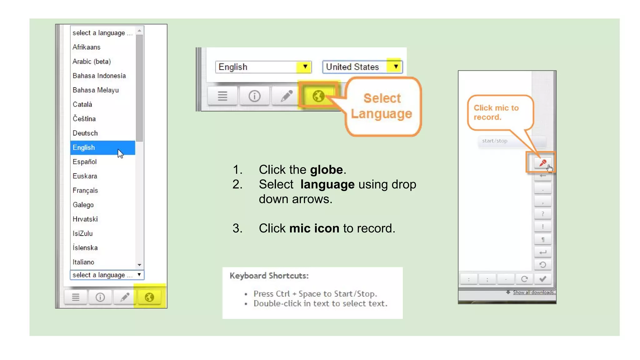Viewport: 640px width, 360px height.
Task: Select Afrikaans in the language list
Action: (x=87, y=47)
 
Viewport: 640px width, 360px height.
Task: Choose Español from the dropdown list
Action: (x=85, y=162)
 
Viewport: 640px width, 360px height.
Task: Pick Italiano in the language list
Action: (x=83, y=262)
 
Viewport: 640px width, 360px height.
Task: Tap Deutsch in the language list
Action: (x=85, y=133)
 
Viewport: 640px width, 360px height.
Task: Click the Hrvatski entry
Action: (x=85, y=219)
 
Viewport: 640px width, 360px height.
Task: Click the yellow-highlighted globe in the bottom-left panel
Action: (x=149, y=297)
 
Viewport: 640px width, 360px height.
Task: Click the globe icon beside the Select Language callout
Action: (x=318, y=96)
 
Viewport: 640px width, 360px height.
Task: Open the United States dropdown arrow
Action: (x=396, y=67)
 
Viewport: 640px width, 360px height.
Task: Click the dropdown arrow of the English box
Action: (x=305, y=67)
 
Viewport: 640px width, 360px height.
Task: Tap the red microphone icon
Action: (x=542, y=163)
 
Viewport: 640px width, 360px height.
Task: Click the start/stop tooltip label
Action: (x=495, y=141)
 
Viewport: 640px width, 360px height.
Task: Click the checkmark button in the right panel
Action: (x=543, y=279)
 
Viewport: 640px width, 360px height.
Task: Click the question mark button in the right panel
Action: (x=543, y=214)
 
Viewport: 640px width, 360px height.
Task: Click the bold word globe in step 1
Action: (x=326, y=170)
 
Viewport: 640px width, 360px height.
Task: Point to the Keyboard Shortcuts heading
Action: (x=269, y=276)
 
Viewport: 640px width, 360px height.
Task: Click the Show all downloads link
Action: (x=533, y=292)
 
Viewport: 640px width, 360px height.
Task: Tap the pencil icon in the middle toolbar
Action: (x=287, y=96)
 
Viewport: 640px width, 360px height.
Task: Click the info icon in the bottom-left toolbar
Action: (x=100, y=297)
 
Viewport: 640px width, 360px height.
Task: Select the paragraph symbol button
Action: (x=543, y=240)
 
